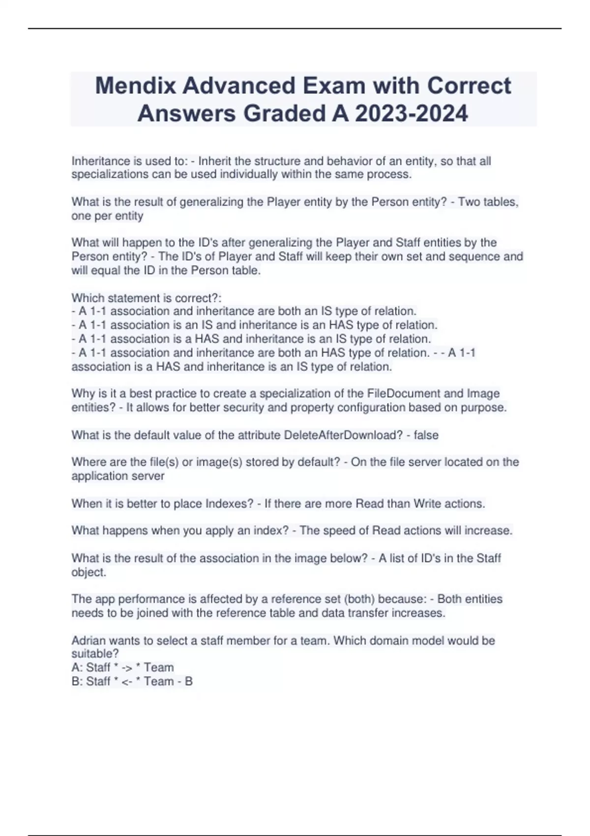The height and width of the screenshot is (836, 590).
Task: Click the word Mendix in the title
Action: click(135, 86)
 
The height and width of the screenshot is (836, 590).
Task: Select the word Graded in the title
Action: click(285, 114)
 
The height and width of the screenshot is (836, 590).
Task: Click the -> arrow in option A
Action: click(126, 668)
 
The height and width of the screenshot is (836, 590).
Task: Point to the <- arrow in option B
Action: click(126, 682)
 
